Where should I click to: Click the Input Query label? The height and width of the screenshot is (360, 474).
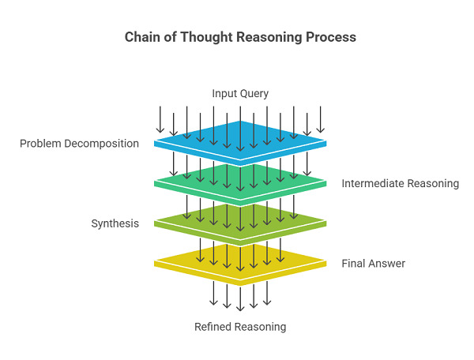[x=240, y=94]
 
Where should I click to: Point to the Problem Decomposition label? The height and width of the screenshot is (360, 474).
[x=79, y=144]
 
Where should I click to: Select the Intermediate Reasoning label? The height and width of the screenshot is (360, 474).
[x=400, y=183]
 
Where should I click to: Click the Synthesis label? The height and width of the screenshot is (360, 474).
[x=115, y=223]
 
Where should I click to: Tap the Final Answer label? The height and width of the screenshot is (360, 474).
[x=373, y=263]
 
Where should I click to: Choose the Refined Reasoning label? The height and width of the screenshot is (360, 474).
[x=240, y=326]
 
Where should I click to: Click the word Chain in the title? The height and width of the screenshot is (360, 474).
[x=141, y=37]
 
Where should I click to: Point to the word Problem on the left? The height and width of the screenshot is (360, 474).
[x=39, y=144]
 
